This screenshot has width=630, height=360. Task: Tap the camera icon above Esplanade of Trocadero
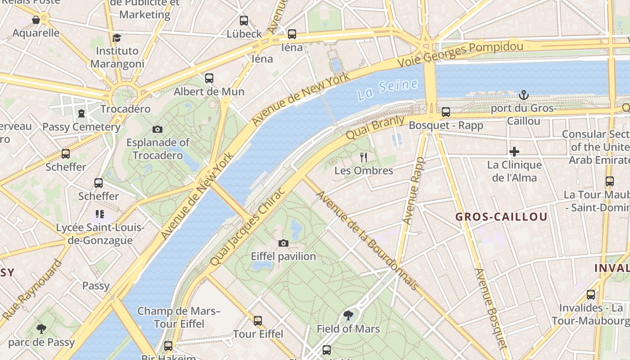157,129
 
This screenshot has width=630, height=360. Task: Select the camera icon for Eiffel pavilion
283,243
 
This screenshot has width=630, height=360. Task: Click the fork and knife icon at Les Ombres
364,157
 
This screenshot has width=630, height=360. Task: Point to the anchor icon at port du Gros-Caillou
523,95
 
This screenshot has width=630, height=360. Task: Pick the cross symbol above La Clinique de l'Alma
514,152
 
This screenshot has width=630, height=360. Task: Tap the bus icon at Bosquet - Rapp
445,112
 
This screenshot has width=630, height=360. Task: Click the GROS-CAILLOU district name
501,217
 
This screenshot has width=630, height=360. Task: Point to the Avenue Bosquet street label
491,309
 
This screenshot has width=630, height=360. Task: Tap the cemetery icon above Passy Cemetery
81,113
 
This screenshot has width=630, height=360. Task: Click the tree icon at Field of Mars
348,315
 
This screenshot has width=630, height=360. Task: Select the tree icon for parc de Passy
41,328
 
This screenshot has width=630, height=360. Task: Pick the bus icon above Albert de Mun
209,78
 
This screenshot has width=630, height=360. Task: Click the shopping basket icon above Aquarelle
36,20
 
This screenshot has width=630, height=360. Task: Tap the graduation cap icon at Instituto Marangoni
117,37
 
